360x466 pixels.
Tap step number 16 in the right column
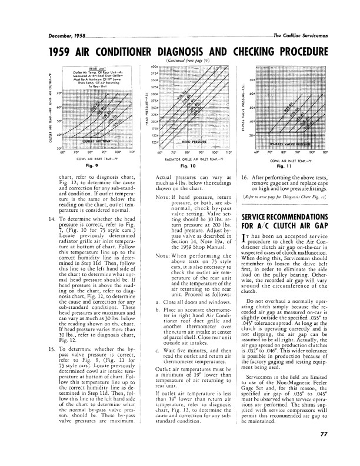(244, 177)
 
